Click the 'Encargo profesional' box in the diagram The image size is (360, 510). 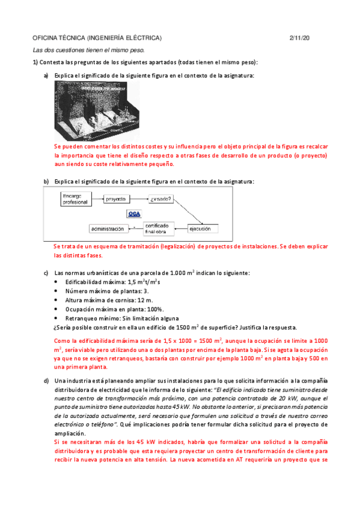click(75, 199)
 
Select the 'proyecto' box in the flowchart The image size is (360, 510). click(118, 198)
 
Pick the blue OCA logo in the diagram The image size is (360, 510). click(135, 214)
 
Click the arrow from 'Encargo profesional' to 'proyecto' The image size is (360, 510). click(97, 198)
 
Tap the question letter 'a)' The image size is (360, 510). click(46, 75)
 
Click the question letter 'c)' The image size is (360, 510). click(46, 273)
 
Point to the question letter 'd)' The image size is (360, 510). click(46, 380)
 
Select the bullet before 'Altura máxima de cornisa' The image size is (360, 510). click(56, 300)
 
